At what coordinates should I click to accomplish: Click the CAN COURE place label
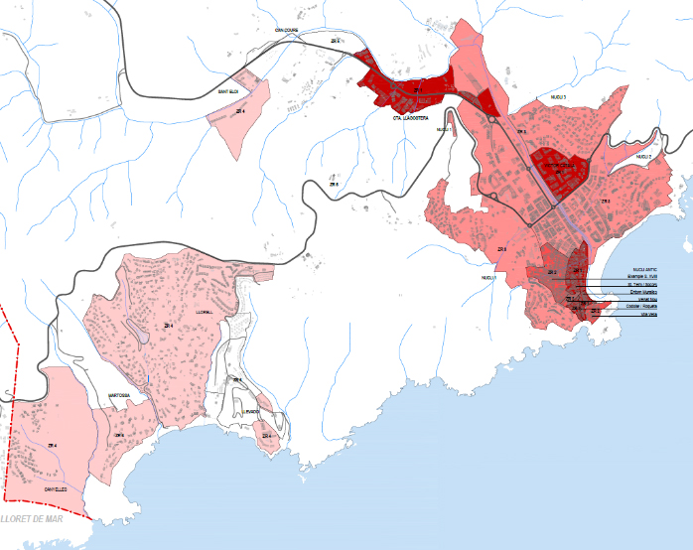click(x=286, y=31)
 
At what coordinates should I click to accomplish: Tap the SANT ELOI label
click(x=228, y=92)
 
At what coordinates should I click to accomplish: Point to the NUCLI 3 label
click(x=557, y=97)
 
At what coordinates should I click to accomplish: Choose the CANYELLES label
click(x=55, y=489)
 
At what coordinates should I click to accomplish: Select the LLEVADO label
click(x=252, y=411)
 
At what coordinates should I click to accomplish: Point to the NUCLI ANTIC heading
click(x=643, y=268)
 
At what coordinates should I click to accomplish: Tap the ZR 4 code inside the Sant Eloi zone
click(x=241, y=112)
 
